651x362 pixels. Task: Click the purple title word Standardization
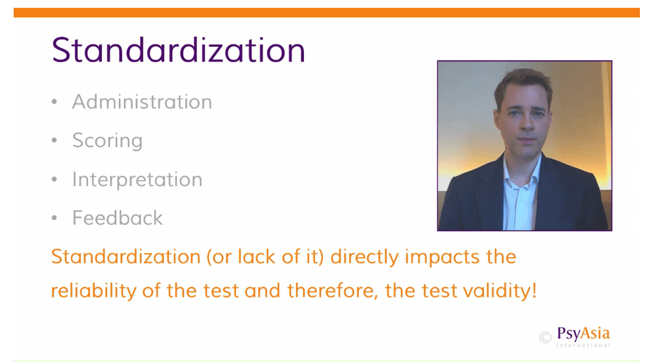pyautogui.click(x=178, y=50)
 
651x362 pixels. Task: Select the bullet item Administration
pyautogui.click(x=142, y=102)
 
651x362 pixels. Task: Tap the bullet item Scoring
pyautogui.click(x=107, y=141)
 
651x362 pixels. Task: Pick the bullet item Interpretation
pyautogui.click(x=137, y=180)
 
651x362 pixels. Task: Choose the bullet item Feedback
pyautogui.click(x=117, y=218)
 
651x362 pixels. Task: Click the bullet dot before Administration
pyautogui.click(x=54, y=102)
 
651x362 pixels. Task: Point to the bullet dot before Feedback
pyautogui.click(x=54, y=218)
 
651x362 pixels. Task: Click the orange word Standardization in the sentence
pyautogui.click(x=126, y=256)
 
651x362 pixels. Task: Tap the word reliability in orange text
pyautogui.click(x=93, y=291)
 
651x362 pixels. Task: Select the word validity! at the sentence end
pyautogui.click(x=500, y=291)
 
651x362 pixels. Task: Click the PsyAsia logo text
pyautogui.click(x=583, y=333)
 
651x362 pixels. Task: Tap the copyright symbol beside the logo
pyautogui.click(x=545, y=337)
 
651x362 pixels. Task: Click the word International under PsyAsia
pyautogui.click(x=583, y=345)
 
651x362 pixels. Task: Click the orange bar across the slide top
pyautogui.click(x=326, y=12)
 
